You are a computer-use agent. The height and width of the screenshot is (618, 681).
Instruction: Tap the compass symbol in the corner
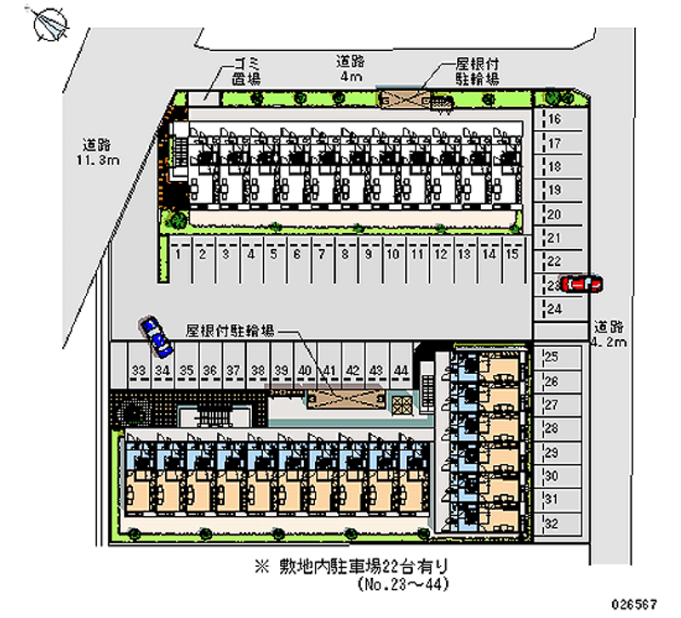(49, 23)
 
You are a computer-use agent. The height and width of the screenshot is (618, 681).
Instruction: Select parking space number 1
(179, 253)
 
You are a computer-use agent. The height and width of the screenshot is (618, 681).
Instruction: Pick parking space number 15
(512, 253)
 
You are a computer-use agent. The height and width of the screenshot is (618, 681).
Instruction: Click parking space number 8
(345, 253)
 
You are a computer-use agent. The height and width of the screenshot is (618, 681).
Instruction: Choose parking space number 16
(554, 120)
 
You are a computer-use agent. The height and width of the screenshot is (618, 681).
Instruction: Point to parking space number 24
(554, 309)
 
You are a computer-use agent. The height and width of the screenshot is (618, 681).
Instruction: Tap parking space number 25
(552, 358)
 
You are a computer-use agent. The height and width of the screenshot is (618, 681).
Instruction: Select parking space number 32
(552, 523)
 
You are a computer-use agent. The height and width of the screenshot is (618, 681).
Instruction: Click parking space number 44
(400, 371)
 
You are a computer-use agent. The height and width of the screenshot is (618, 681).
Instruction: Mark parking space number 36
(210, 371)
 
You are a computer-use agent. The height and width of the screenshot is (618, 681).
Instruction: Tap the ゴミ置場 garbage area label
(247, 71)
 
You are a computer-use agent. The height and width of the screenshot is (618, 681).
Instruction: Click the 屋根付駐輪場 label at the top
(477, 71)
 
